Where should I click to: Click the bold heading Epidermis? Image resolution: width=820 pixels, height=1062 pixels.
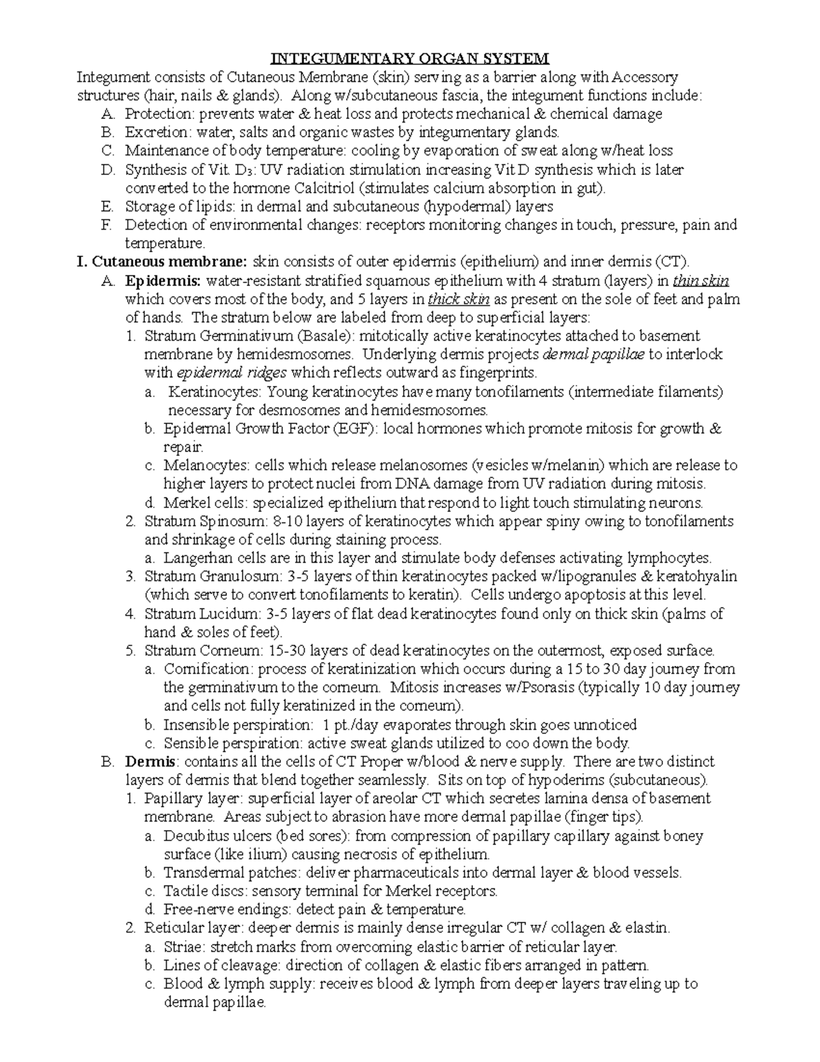click(x=163, y=280)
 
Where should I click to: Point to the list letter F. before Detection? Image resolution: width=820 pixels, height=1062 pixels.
click(x=105, y=225)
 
